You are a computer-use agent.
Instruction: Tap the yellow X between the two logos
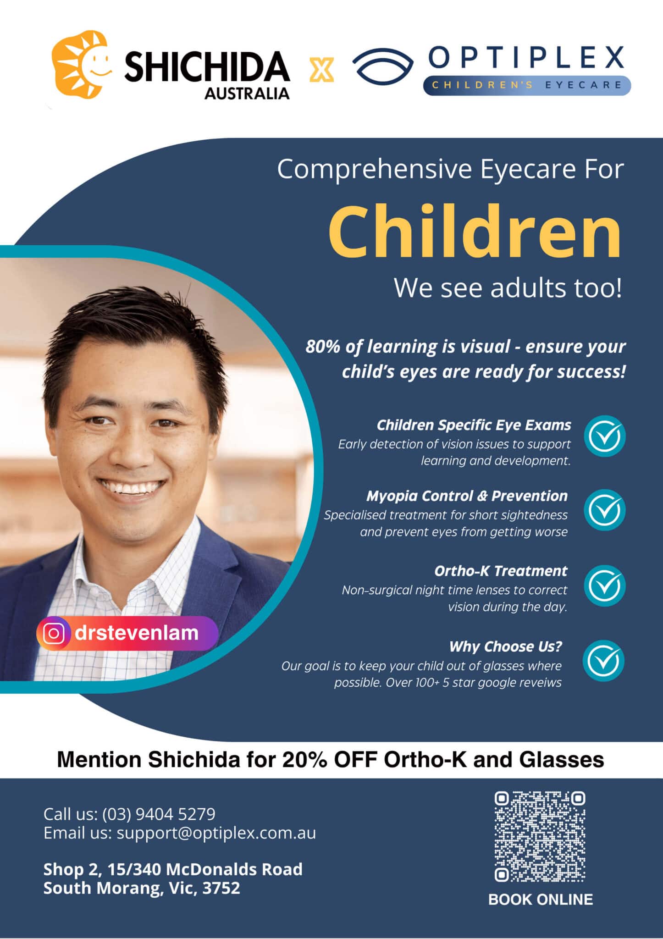point(321,70)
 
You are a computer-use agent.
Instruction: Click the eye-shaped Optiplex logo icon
point(382,67)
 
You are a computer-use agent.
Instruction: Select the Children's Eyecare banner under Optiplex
point(526,85)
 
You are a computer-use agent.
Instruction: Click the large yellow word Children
point(475,232)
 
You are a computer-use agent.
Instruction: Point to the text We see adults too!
point(508,288)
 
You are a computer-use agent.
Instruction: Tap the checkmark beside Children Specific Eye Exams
point(605,436)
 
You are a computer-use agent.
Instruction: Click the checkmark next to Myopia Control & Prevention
point(605,510)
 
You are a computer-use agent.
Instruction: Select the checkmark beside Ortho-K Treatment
point(605,585)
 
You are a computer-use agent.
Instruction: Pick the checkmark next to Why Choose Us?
point(604,661)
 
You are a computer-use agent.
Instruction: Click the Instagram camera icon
point(54,634)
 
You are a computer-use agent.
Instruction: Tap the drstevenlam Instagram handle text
point(137,633)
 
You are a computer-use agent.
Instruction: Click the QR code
point(540,836)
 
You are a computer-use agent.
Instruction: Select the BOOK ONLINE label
point(540,899)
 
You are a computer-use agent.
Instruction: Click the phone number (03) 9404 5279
point(159,814)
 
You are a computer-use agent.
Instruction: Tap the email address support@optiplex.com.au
point(216,833)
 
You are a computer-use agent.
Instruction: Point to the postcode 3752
point(221,888)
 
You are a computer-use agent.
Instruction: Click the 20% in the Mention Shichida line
point(304,760)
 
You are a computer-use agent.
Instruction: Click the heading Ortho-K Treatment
point(501,571)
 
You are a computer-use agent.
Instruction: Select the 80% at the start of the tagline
point(323,347)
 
